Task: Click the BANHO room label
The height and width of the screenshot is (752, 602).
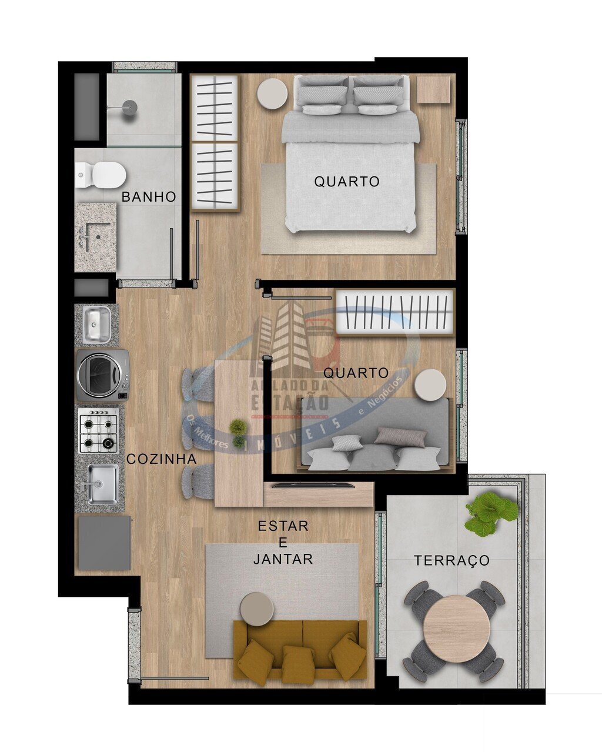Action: click(149, 197)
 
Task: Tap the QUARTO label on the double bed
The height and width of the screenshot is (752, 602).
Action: click(347, 182)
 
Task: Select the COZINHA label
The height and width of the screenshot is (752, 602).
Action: click(162, 459)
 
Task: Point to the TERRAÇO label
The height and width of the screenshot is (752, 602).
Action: click(451, 560)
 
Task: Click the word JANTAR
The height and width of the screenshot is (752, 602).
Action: click(283, 559)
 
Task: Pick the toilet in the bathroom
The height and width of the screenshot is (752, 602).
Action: click(103, 175)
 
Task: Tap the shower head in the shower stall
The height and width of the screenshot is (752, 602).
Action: click(129, 107)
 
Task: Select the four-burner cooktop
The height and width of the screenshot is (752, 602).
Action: click(98, 430)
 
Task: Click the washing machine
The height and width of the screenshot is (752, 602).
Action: click(102, 375)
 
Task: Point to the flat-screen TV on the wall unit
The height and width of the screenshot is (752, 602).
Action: click(313, 485)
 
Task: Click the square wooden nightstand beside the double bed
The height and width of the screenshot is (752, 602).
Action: click(434, 89)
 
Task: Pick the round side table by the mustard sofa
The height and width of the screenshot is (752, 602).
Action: click(257, 609)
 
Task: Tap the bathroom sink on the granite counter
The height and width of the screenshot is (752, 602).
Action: click(94, 235)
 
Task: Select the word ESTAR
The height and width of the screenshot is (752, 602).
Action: click(283, 526)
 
